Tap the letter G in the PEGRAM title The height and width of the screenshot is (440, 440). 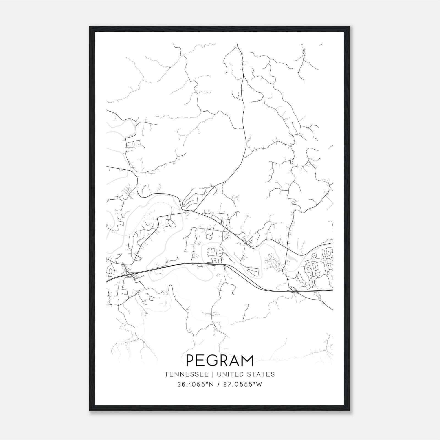214,361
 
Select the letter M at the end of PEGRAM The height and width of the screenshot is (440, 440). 246,361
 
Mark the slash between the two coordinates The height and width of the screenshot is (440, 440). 218,384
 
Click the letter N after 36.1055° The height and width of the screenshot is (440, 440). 211,384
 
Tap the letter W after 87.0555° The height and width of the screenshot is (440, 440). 259,384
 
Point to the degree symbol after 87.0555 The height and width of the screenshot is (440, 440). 254,383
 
